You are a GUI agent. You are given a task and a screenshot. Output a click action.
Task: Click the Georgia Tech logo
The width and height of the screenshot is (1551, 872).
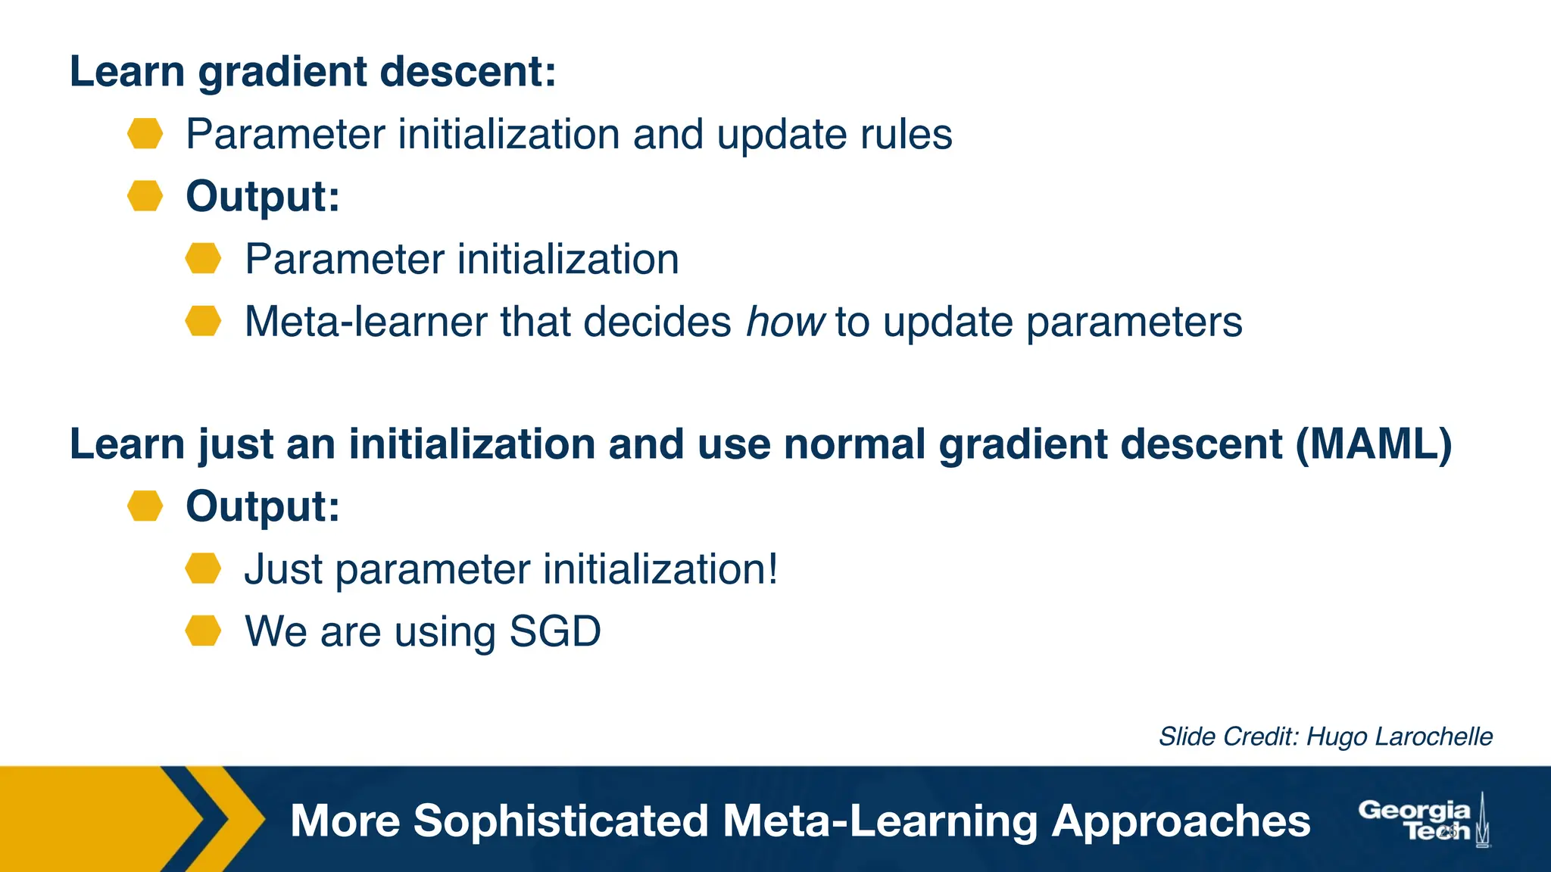(x=1424, y=821)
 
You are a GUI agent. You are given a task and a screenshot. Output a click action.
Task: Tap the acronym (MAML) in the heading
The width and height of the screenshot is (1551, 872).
(x=1373, y=444)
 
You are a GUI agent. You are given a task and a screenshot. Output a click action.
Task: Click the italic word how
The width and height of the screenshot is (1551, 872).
(x=784, y=322)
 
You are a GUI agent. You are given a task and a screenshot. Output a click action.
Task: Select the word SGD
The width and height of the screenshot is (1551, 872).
(x=555, y=631)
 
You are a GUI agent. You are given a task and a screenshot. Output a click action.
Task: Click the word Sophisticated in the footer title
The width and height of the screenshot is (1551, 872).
(x=561, y=821)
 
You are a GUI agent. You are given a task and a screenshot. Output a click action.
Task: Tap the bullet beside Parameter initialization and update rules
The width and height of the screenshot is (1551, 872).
(x=145, y=134)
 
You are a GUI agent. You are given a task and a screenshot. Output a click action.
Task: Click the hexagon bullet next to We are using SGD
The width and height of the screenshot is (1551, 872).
(x=203, y=631)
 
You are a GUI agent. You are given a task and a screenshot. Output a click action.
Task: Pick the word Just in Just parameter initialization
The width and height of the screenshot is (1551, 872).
(x=283, y=569)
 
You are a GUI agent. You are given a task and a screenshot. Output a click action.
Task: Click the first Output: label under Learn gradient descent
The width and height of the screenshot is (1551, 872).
(x=263, y=197)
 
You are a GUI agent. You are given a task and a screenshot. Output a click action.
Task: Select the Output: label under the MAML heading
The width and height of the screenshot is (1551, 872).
(x=263, y=506)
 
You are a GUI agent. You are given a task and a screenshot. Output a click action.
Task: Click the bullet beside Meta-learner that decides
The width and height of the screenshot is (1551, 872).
(x=203, y=321)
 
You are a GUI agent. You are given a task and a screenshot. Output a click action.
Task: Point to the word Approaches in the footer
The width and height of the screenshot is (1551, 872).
(x=1181, y=822)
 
